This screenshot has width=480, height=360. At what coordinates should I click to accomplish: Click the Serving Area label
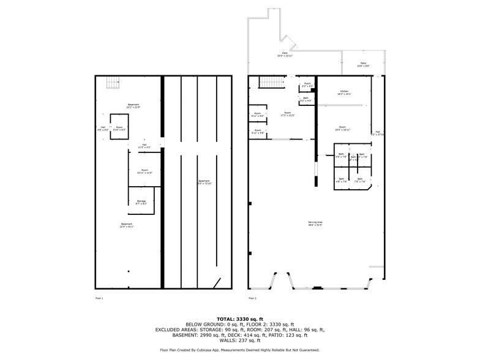315,223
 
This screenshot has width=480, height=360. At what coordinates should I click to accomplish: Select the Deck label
285,54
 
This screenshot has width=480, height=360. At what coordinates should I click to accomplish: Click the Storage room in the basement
141,201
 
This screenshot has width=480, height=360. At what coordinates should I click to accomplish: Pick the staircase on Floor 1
111,82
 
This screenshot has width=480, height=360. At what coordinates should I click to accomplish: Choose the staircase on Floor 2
270,83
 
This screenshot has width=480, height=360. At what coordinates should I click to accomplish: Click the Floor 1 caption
99,298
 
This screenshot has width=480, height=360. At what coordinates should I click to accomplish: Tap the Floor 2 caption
252,298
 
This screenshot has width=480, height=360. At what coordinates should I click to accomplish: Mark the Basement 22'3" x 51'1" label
126,225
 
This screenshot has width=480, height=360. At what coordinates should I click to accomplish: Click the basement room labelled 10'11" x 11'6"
144,171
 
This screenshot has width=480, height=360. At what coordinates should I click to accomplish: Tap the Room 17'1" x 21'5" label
288,114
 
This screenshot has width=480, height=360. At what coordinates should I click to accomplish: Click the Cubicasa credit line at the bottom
239,350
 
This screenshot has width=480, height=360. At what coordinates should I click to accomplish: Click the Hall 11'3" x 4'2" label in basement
144,146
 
